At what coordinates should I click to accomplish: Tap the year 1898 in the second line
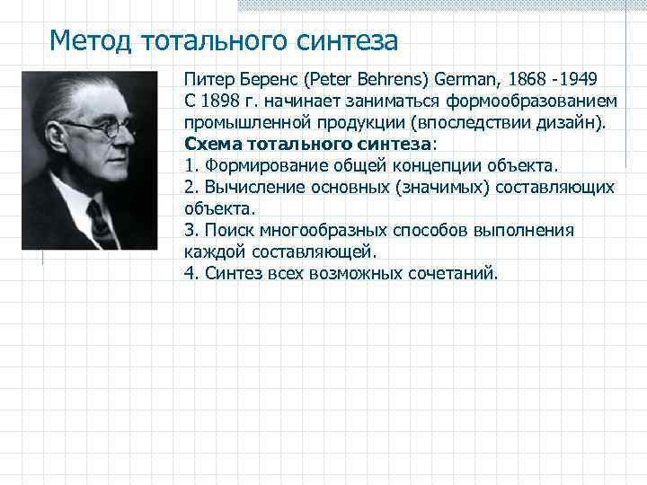220,101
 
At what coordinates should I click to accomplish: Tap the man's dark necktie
100,225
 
